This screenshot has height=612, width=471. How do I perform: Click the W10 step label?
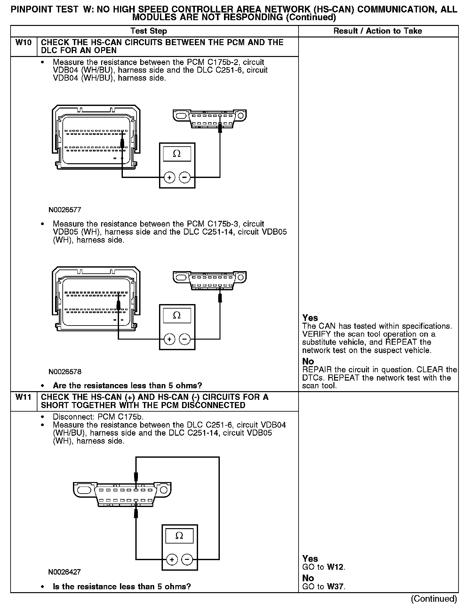click(24, 43)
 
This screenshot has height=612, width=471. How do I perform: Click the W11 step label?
click(24, 397)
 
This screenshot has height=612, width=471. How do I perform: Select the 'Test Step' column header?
click(148, 31)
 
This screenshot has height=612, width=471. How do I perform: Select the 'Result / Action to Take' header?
click(378, 31)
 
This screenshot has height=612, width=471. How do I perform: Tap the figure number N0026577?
click(65, 210)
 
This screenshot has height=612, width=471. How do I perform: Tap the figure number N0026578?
click(65, 372)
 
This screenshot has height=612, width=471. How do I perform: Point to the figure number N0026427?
click(64, 572)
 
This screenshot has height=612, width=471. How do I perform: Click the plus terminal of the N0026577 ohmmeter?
click(169, 177)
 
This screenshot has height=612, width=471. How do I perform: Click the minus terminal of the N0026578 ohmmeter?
click(185, 339)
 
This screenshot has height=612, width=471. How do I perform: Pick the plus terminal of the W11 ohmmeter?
click(172, 560)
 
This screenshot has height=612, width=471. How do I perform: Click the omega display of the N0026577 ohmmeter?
click(177, 154)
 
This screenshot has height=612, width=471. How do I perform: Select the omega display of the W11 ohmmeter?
click(180, 535)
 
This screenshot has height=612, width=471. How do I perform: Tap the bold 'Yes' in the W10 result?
click(310, 318)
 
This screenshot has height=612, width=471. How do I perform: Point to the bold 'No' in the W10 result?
click(308, 361)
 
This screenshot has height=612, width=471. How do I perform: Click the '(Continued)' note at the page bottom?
click(434, 599)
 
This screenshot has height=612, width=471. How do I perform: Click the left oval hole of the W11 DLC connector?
click(84, 490)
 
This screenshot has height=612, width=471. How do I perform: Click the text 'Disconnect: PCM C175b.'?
click(98, 417)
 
